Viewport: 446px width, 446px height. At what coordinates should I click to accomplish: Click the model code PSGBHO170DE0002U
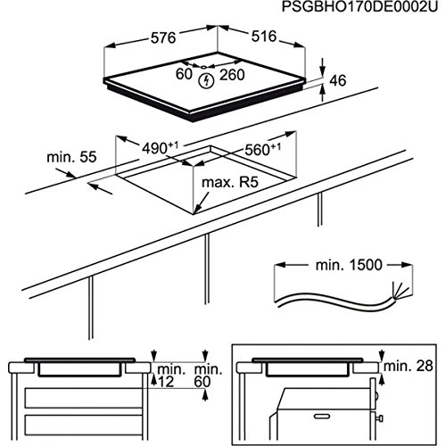(x=359, y=7)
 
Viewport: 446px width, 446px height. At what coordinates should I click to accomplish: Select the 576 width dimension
(x=163, y=38)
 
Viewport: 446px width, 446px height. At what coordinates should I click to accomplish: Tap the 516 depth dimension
(x=264, y=37)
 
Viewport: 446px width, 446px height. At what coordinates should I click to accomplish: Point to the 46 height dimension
(x=338, y=80)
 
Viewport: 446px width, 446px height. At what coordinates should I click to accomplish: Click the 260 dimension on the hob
(x=232, y=75)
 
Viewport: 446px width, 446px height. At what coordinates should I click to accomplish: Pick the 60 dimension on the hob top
(x=184, y=74)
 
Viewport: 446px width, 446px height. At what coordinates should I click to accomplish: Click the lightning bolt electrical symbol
(x=206, y=80)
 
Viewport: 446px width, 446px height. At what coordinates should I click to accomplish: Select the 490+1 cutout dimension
(x=160, y=148)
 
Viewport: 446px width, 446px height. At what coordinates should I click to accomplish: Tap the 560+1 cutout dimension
(x=262, y=149)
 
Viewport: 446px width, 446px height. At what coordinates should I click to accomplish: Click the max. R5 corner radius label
(x=230, y=182)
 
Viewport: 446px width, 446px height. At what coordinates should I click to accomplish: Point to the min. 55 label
(x=71, y=157)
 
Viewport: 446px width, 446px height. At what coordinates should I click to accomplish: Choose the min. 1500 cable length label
(x=349, y=265)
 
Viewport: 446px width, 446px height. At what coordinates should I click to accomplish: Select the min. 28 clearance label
(x=409, y=366)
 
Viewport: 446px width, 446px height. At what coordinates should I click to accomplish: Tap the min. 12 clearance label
(x=168, y=376)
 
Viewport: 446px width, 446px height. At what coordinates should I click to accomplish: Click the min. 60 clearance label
(x=208, y=376)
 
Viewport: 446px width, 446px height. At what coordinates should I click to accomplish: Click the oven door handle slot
(x=322, y=417)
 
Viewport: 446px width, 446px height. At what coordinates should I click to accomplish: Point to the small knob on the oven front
(x=379, y=418)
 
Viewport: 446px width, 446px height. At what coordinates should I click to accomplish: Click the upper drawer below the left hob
(x=83, y=398)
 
